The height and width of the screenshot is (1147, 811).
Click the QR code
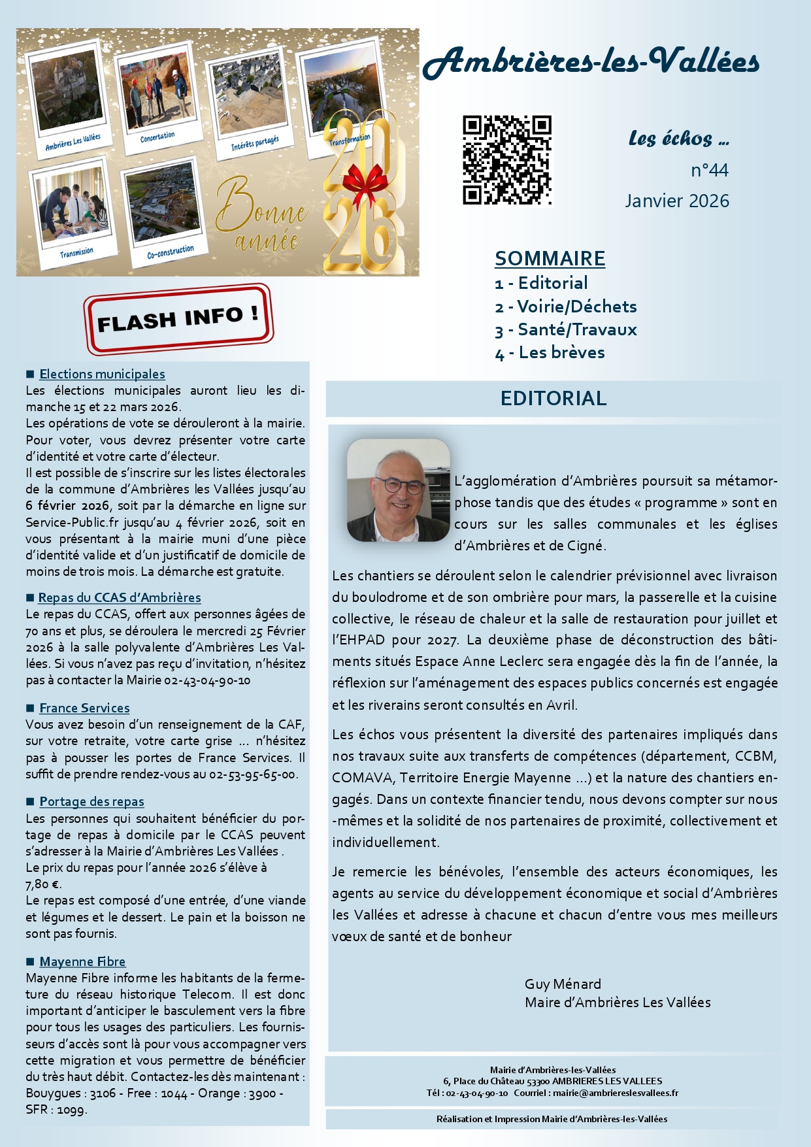point(507,160)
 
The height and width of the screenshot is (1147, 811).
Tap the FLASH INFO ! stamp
point(178,319)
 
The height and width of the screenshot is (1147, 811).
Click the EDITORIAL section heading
point(553,398)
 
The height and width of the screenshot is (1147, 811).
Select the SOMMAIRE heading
point(550,258)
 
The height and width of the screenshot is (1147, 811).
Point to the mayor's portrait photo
point(399,490)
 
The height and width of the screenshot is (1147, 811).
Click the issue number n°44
point(710,171)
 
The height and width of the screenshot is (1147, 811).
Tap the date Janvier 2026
point(676,201)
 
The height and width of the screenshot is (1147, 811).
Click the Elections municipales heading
point(102,374)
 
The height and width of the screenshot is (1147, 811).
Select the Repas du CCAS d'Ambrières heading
point(120,597)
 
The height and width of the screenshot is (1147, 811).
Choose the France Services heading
point(84,708)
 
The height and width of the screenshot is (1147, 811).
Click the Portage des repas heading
point(91,801)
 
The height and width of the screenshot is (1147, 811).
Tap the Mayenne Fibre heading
point(82,961)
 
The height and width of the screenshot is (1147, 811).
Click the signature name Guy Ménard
point(563,984)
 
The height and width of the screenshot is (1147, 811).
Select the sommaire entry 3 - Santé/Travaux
point(566,329)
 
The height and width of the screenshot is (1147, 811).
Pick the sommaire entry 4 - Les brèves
point(550,353)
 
